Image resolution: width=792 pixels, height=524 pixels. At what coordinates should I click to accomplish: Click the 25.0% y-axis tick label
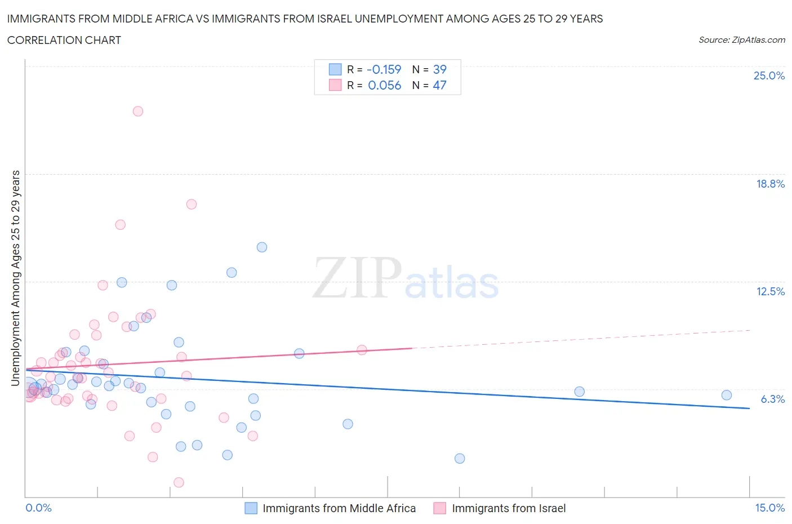tap(769, 76)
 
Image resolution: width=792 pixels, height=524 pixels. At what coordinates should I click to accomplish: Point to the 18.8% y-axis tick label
tap(770, 184)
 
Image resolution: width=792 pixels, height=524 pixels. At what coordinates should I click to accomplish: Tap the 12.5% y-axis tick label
tap(770, 291)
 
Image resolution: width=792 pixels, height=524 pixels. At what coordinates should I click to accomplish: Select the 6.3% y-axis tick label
tap(772, 399)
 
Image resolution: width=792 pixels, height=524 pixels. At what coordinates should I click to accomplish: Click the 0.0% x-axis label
tap(38, 508)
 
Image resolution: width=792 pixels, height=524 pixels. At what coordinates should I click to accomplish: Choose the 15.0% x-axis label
tap(769, 508)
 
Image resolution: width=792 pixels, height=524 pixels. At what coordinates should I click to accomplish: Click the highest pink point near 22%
tap(138, 111)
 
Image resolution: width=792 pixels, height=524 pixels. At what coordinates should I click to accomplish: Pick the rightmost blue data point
tap(727, 395)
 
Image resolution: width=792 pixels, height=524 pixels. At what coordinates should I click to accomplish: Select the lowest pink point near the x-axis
tap(179, 482)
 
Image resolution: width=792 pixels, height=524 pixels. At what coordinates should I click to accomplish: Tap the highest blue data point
tap(262, 247)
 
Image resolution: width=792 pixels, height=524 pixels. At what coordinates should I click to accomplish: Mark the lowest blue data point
tap(460, 459)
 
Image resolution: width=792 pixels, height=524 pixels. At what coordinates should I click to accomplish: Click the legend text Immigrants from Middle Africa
tap(339, 508)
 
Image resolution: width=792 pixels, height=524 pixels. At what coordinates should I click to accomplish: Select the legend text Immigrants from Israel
tap(509, 508)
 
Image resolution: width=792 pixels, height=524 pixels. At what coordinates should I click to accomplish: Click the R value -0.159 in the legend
tap(384, 69)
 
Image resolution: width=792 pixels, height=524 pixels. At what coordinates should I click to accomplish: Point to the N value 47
tap(439, 85)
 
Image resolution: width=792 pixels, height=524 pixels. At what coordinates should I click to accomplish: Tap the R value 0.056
tap(384, 85)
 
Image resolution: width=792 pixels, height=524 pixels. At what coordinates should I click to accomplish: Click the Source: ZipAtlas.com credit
tap(741, 39)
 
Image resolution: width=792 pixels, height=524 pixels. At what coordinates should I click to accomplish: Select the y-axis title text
tap(16, 278)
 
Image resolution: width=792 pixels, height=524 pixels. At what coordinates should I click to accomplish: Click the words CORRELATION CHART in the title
tap(64, 40)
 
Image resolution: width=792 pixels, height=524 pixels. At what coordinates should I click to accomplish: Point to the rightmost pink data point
tap(362, 350)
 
